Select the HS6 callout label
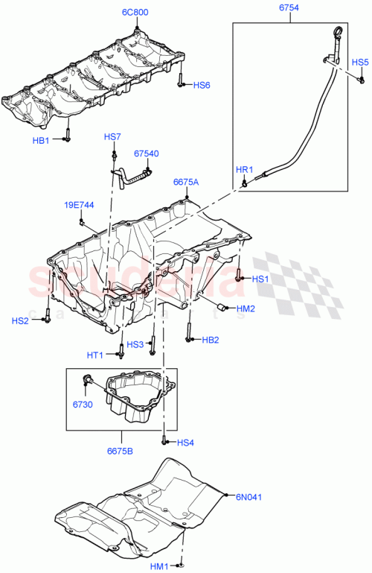click(202, 86)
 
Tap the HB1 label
click(40, 140)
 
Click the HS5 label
click(359, 62)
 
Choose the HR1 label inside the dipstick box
click(244, 170)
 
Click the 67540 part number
click(146, 153)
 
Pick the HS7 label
click(112, 137)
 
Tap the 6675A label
click(186, 181)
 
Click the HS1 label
click(259, 279)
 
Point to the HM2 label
click(246, 308)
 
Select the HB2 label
click(211, 340)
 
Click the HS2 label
click(20, 320)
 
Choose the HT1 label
click(94, 355)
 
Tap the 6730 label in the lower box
click(83, 404)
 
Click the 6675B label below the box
click(120, 451)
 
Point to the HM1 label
click(159, 566)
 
